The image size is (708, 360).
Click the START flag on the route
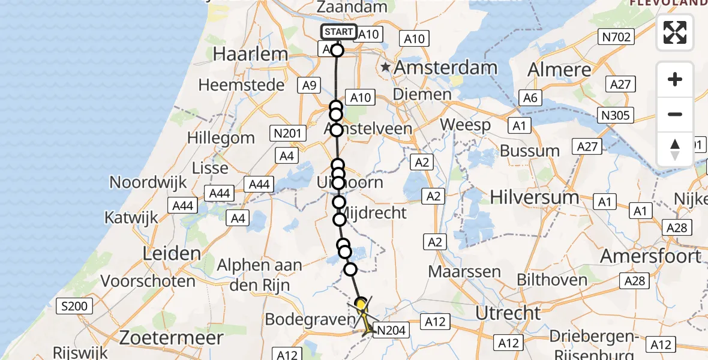339,32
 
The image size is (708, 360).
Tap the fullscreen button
675,32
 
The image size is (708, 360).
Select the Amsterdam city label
445,68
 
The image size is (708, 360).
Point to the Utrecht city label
508,313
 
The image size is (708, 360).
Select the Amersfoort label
651,257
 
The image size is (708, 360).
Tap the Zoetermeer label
171,337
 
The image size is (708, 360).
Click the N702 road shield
617,38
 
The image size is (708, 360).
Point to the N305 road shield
617,115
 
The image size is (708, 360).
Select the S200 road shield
74,307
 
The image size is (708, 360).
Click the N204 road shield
391,329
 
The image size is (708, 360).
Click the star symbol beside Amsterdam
385,68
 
